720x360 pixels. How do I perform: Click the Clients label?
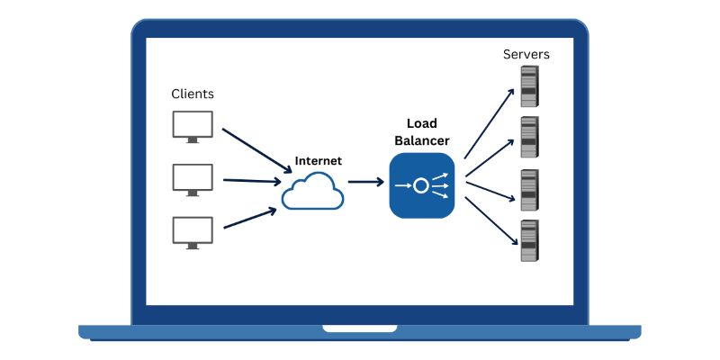click(193, 94)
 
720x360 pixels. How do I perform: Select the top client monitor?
click(193, 125)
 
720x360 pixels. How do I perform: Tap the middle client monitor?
click(193, 178)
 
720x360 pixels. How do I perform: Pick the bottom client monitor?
click(193, 231)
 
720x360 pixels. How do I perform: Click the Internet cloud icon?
click(312, 190)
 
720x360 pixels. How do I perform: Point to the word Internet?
click(318, 161)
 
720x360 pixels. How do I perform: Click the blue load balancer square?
click(421, 185)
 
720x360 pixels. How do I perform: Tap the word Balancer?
click(421, 140)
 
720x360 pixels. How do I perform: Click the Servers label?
click(526, 55)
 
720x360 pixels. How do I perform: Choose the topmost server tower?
click(528, 85)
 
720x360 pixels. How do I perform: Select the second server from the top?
click(528, 137)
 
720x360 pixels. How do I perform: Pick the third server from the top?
click(528, 189)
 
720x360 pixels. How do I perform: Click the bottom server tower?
click(528, 240)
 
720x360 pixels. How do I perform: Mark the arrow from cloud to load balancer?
click(365, 182)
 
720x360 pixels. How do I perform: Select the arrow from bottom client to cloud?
click(249, 218)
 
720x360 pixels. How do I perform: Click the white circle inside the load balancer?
click(420, 185)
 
